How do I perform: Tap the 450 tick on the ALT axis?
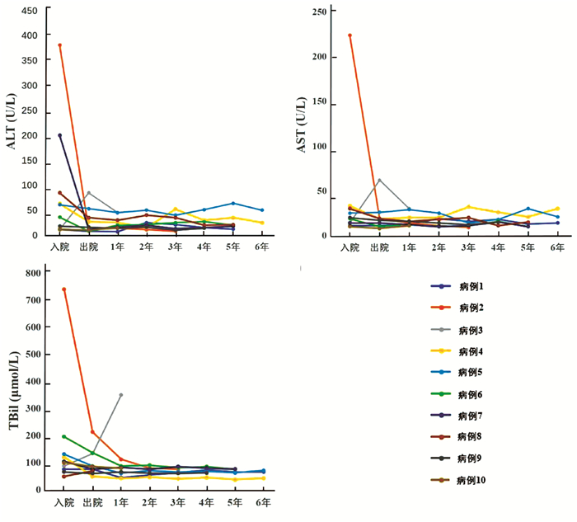30,11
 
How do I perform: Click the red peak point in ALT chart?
60,45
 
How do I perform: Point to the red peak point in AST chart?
349,35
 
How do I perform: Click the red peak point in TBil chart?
63,289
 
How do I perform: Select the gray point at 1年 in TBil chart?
121,395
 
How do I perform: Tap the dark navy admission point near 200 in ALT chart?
60,135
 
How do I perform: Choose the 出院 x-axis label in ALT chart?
89,247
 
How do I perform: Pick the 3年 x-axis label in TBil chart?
177,502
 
